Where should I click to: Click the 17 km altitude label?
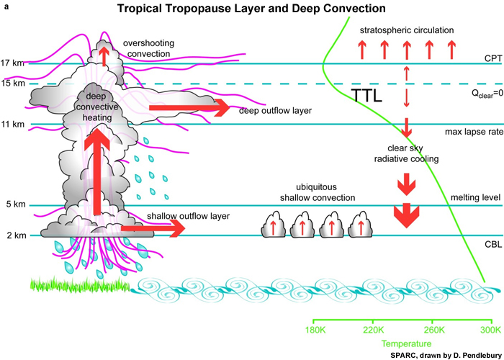[x=13, y=63]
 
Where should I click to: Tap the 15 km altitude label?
[x=13, y=84]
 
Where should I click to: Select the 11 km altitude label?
[x=13, y=125]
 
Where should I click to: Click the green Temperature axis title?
[x=402, y=344]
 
